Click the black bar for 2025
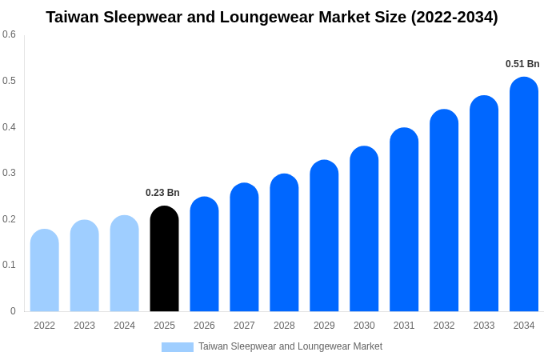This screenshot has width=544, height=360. click(x=164, y=260)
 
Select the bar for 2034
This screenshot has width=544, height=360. click(x=524, y=196)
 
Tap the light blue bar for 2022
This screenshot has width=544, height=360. click(x=45, y=272)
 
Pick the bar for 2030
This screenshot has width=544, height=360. click(x=364, y=230)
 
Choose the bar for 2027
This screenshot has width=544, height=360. click(x=244, y=248)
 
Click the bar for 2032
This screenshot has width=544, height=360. click(x=444, y=212)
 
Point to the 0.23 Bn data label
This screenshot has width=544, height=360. click(x=162, y=193)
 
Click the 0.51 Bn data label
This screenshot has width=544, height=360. click(x=522, y=64)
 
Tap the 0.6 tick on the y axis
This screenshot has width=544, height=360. click(x=9, y=34)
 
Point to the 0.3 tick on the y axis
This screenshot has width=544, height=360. click(x=9, y=173)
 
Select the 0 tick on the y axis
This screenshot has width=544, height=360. click(x=13, y=311)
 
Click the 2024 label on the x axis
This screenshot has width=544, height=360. click(x=124, y=326)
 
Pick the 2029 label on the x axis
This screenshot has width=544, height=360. click(x=324, y=326)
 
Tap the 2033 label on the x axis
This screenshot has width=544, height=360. click(x=484, y=326)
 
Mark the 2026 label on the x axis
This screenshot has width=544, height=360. click(x=204, y=326)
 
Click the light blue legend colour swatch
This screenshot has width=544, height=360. click(x=178, y=347)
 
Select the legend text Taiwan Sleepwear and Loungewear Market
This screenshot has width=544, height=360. click(x=290, y=346)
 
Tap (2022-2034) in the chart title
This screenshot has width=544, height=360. click(x=454, y=17)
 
